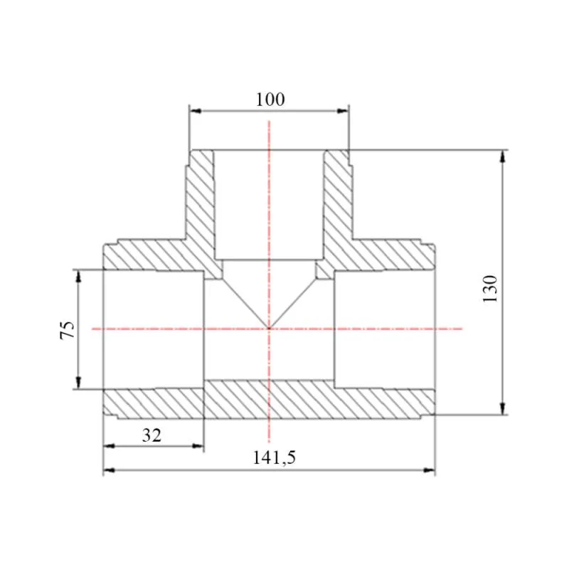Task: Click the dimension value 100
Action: click(x=270, y=100)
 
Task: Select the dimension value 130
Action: click(x=490, y=289)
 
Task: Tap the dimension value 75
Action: click(x=68, y=329)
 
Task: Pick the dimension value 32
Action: click(x=151, y=435)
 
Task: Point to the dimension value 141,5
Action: click(x=275, y=457)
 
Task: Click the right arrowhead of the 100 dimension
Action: click(x=343, y=111)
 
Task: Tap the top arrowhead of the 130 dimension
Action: click(x=503, y=156)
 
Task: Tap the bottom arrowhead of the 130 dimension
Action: click(x=503, y=408)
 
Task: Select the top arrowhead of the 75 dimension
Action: click(x=78, y=276)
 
